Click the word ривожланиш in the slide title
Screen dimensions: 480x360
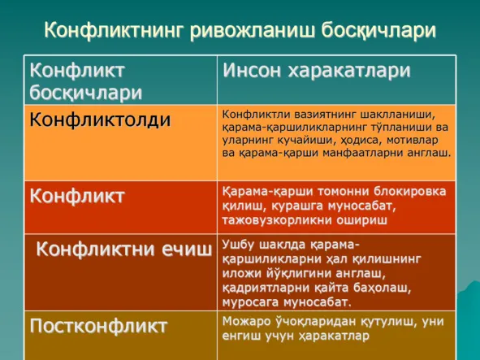(x=252, y=30)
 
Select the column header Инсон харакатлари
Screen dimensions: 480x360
(x=317, y=71)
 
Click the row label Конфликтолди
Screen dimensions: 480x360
(x=100, y=119)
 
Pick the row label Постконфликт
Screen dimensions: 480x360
(x=98, y=325)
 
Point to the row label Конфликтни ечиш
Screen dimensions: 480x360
(x=124, y=249)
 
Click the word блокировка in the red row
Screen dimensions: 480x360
(x=409, y=192)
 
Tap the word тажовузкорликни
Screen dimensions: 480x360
(x=277, y=220)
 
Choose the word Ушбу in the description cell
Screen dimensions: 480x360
(x=238, y=245)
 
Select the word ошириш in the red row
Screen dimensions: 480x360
(x=362, y=220)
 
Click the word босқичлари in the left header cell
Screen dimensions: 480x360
(x=86, y=93)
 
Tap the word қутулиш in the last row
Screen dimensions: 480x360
(x=387, y=321)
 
